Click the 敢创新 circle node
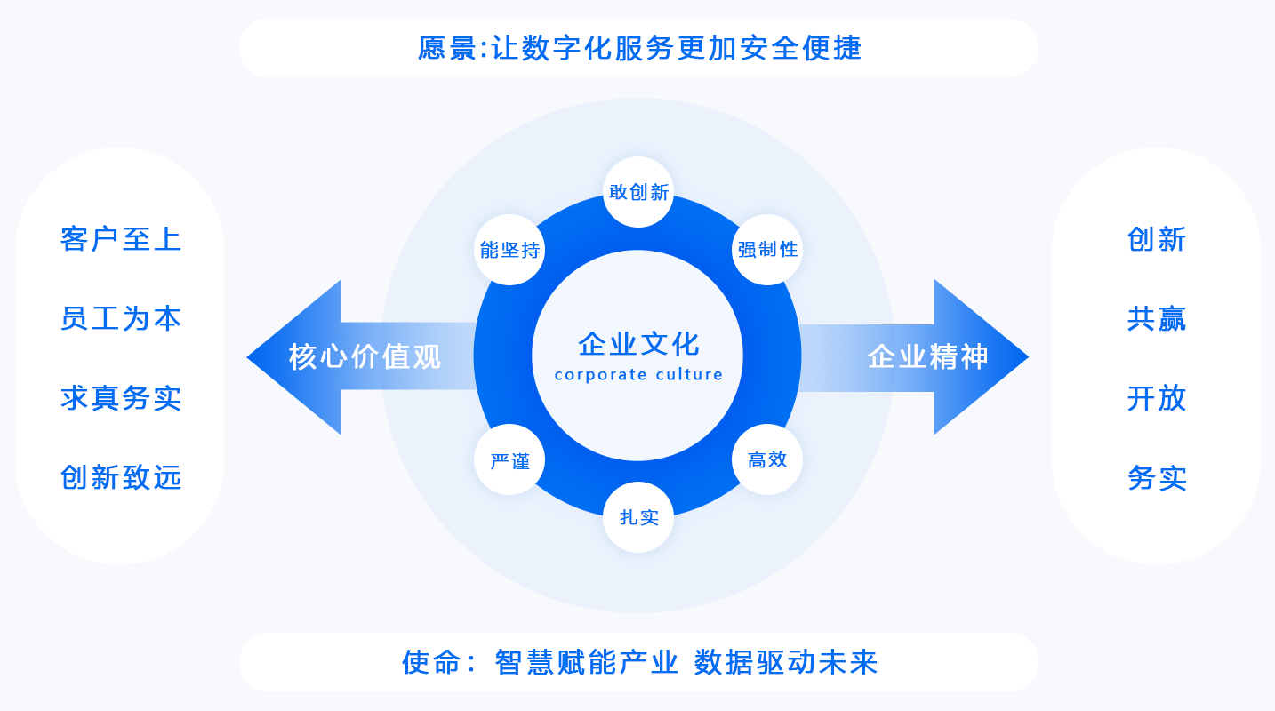(638, 192)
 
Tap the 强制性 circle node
(767, 250)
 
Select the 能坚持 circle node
(509, 250)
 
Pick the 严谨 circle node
(509, 460)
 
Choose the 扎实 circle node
(638, 517)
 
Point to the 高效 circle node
(767, 459)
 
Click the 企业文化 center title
(638, 343)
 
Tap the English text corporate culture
(638, 375)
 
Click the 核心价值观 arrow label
(365, 357)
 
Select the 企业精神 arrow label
(927, 357)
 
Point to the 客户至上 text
(121, 239)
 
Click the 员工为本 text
(121, 318)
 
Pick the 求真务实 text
(121, 398)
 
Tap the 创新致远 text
(121, 477)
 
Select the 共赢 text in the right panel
(1157, 318)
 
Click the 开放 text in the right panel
(1157, 398)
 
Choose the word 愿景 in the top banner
(447, 48)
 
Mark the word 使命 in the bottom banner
(432, 662)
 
